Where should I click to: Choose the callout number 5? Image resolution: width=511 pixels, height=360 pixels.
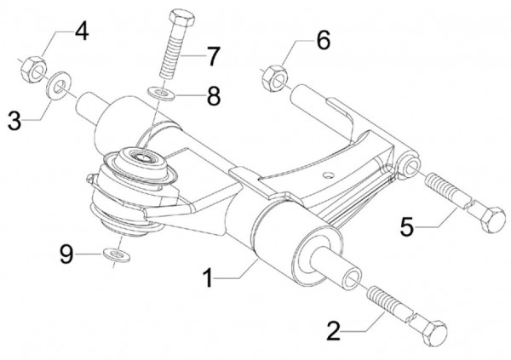(408, 227)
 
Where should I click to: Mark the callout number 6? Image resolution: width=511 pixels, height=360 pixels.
(323, 39)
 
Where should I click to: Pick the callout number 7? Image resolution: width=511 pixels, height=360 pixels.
(212, 57)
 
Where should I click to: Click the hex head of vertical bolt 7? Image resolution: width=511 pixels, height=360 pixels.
(181, 19)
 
